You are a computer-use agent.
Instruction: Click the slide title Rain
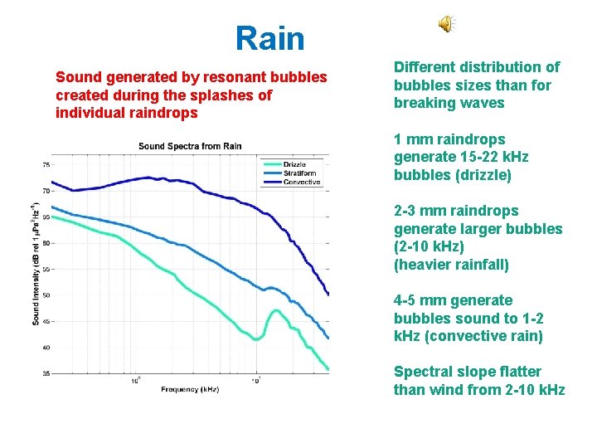[269, 38]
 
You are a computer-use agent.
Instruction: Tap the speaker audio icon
[446, 25]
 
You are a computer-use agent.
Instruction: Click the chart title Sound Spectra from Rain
[190, 147]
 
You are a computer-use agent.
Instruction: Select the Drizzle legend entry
[294, 165]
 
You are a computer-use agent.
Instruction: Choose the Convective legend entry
[301, 182]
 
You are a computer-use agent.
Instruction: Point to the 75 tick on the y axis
[44, 165]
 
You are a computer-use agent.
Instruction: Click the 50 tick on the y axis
[44, 295]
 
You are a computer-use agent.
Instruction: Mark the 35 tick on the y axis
[44, 373]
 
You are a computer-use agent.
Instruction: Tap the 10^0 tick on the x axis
[136, 381]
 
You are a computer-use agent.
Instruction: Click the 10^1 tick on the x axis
[257, 381]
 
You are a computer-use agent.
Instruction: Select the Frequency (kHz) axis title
[190, 388]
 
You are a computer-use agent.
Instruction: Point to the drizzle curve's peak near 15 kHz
[274, 312]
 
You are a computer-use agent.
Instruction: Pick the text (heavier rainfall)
[451, 265]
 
